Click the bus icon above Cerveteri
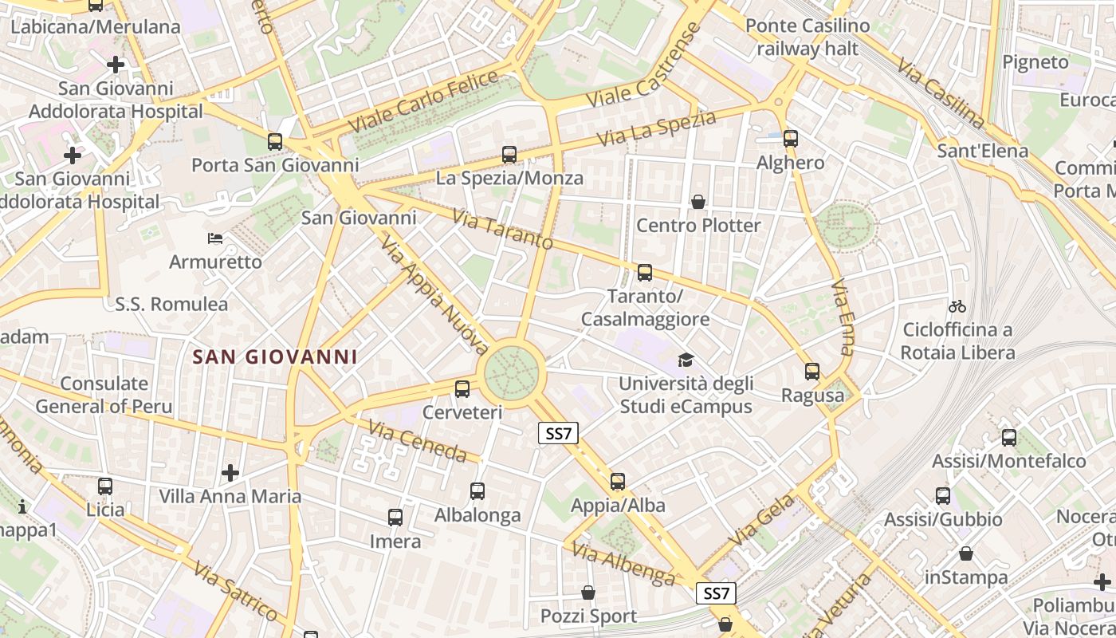click(462, 389)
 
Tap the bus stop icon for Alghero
click(791, 139)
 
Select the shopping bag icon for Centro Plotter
click(698, 202)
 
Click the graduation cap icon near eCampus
click(686, 360)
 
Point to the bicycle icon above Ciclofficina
click(957, 306)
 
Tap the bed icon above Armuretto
click(215, 238)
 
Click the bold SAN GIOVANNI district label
click(275, 356)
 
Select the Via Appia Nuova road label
click(434, 294)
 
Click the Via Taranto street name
click(502, 229)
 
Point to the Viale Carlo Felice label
click(424, 102)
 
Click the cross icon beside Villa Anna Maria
click(230, 473)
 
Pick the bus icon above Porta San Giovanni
click(275, 142)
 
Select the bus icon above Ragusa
click(812, 372)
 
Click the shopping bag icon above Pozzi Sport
click(588, 593)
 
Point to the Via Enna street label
click(843, 317)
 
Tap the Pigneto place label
click(1035, 62)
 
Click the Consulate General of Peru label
click(104, 395)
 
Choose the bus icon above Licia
click(105, 486)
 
